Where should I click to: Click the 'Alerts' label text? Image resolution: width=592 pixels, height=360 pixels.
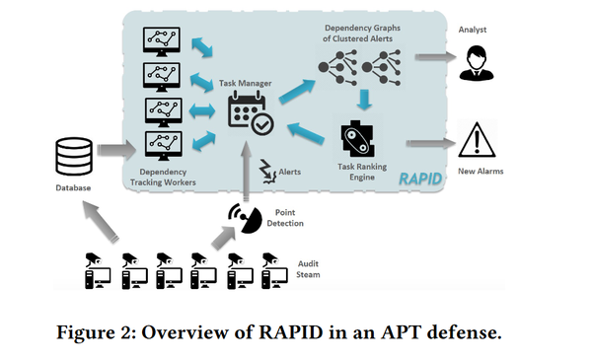(x=289, y=173)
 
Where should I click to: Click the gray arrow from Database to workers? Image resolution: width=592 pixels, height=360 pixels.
(x=117, y=151)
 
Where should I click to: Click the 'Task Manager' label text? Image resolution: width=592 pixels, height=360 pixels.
(x=248, y=84)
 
